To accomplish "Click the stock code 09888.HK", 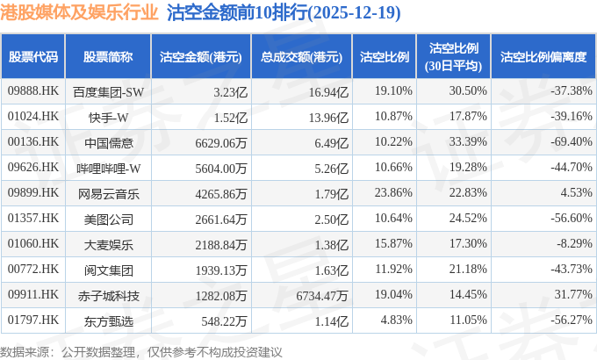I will pyautogui.click(x=32, y=90).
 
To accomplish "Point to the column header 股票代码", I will pyautogui.click(x=32, y=56).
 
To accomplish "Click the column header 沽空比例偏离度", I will pyautogui.click(x=543, y=56).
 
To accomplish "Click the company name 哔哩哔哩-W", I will pyautogui.click(x=108, y=167).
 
